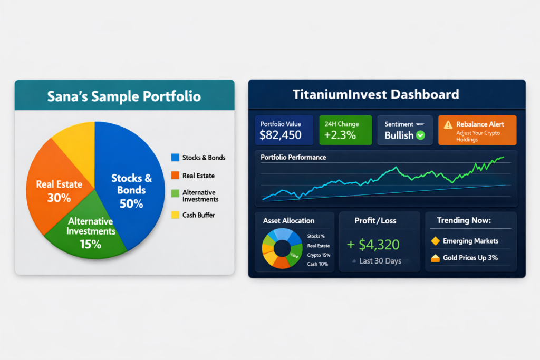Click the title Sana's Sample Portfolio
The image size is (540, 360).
tap(124, 96)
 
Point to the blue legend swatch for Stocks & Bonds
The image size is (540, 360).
tap(175, 158)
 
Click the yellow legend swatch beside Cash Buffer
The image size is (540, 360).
tap(175, 215)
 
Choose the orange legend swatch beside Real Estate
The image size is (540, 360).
tap(175, 176)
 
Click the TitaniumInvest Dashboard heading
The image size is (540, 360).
tap(375, 95)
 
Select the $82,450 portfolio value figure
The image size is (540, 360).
tap(281, 135)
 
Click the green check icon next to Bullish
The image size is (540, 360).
tap(420, 135)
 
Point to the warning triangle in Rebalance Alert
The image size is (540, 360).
tap(448, 125)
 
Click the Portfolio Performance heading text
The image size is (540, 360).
tap(293, 157)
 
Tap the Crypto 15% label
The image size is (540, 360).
tap(318, 255)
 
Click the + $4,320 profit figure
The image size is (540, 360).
tap(373, 245)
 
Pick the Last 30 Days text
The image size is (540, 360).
tap(380, 261)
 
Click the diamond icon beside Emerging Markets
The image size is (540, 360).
tap(435, 241)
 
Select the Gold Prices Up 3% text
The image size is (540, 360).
tap(470, 258)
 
